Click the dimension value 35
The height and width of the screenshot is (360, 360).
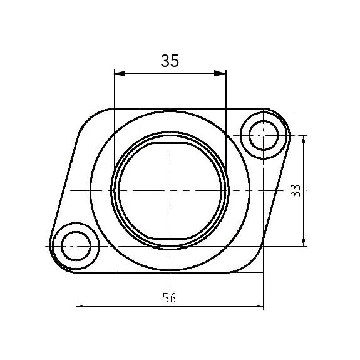[x=170, y=61]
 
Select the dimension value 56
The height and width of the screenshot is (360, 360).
[x=168, y=299]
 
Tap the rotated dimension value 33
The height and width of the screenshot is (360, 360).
[x=296, y=191]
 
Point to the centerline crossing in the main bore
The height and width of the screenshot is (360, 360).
[x=170, y=190]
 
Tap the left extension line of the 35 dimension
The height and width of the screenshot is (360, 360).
[x=113, y=125]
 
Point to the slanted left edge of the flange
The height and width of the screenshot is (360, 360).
[x=64, y=182]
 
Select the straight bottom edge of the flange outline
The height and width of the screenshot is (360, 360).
[x=157, y=273]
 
